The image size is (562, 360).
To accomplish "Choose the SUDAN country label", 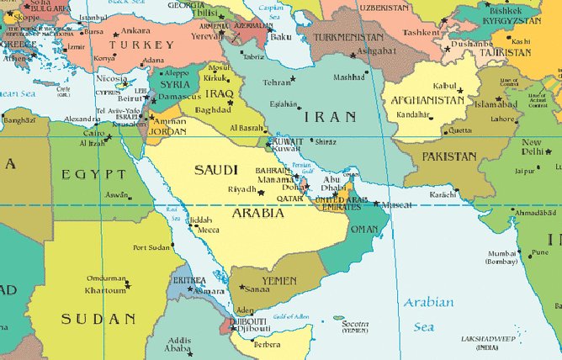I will point(98,319).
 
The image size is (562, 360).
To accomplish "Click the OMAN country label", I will point(363,229).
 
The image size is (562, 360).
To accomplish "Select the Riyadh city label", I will point(242,189).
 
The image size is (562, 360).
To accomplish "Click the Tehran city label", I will point(277,82).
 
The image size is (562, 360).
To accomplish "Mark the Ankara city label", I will point(135,30).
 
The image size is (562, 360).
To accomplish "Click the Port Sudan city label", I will point(151,247).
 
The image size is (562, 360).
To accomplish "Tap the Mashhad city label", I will point(349,77).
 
